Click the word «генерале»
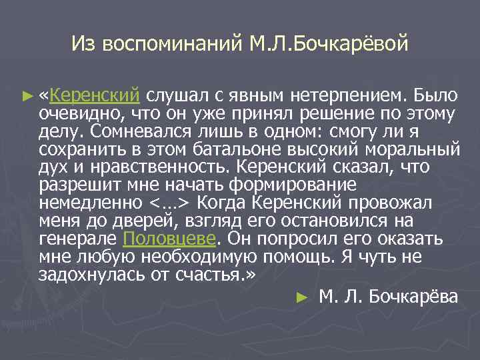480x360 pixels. click(x=79, y=239)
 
